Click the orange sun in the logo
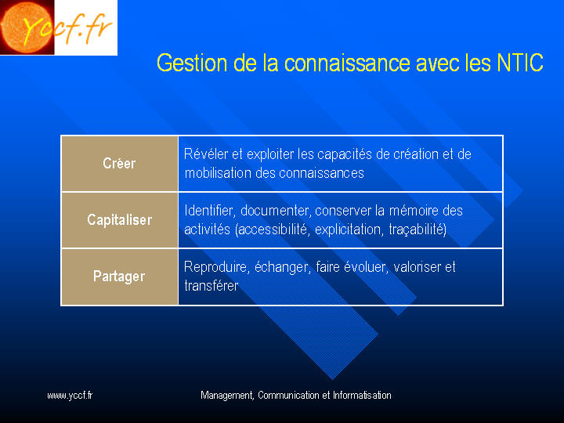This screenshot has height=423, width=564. (26, 27)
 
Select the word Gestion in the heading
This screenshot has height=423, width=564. (192, 63)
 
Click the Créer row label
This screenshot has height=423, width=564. (119, 163)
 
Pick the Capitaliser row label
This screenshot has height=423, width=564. (119, 220)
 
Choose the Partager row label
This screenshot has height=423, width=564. (119, 277)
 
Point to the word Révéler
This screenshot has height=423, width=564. (206, 154)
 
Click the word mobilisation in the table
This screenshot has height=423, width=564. (219, 173)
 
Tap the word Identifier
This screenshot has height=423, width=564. (210, 211)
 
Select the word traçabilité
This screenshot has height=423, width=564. (418, 230)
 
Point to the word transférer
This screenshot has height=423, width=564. (211, 286)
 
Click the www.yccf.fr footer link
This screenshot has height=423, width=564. (70, 396)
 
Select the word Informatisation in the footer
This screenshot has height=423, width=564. (362, 396)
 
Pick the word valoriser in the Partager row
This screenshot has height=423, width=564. (418, 267)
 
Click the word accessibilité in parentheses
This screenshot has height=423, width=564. (272, 230)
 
